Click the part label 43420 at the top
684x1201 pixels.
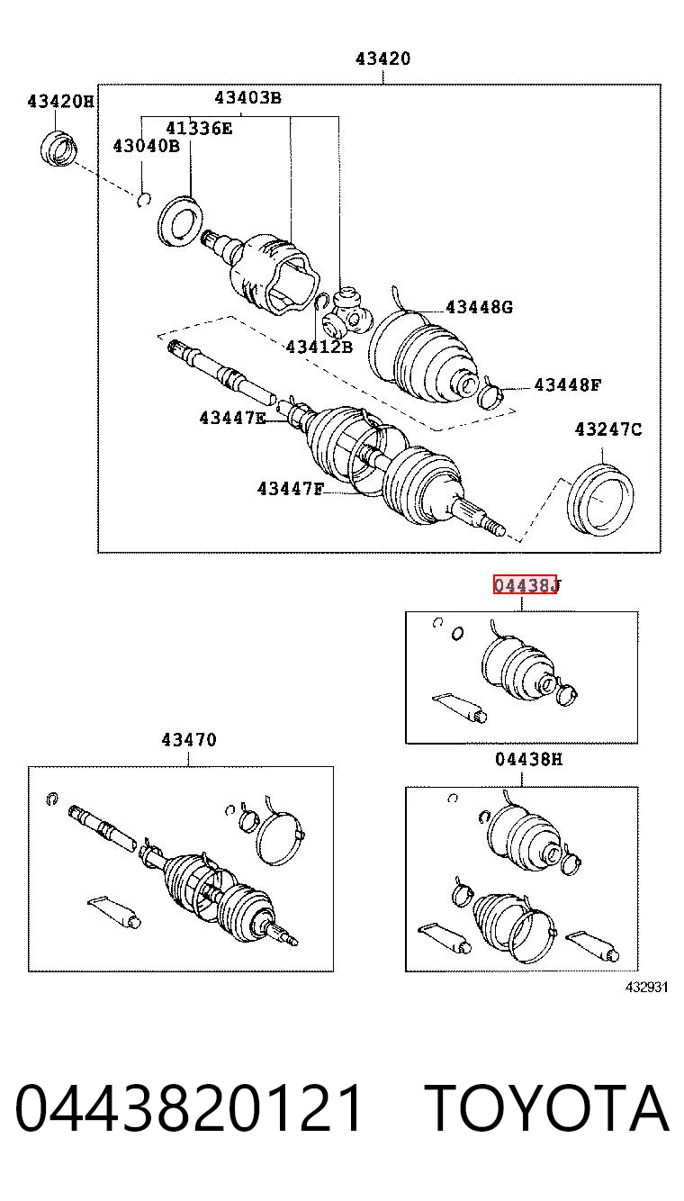pyautogui.click(x=382, y=59)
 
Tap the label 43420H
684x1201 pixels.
pyautogui.click(x=60, y=101)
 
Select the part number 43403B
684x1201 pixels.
pyautogui.click(x=247, y=97)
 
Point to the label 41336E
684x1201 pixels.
pyautogui.click(x=199, y=128)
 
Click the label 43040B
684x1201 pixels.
pyautogui.click(x=147, y=146)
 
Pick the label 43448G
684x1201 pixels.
pyautogui.click(x=479, y=307)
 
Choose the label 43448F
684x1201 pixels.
pyautogui.click(x=568, y=384)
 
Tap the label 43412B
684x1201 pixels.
pyautogui.click(x=319, y=347)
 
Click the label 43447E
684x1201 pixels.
pyautogui.click(x=232, y=417)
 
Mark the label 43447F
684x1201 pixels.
pyautogui.click(x=291, y=489)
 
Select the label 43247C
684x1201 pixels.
pyautogui.click(x=607, y=429)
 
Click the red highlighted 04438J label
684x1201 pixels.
pyautogui.click(x=526, y=585)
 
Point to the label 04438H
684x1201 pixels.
pyautogui.click(x=528, y=759)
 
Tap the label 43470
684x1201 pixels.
pyautogui.click(x=189, y=740)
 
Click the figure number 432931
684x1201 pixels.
pyautogui.click(x=646, y=987)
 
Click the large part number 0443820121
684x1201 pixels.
pyautogui.click(x=188, y=1107)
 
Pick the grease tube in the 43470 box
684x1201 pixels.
pyautogui.click(x=114, y=911)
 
